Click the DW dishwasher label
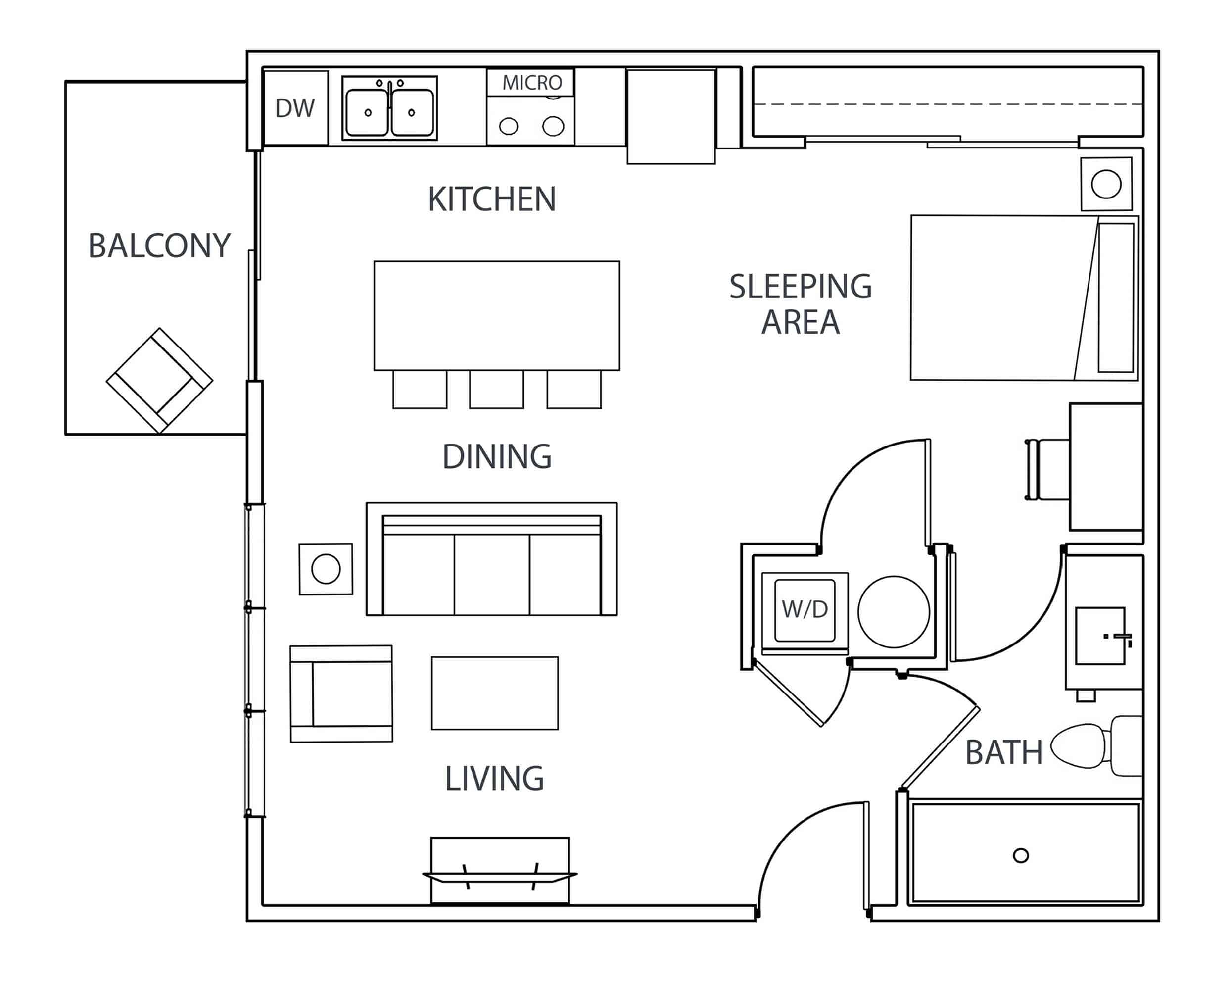[294, 108]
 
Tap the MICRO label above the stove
[531, 83]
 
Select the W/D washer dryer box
[805, 610]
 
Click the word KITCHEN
[492, 199]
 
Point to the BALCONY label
[159, 246]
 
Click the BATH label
[1004, 752]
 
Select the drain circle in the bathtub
[1021, 855]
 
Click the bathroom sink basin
[1100, 636]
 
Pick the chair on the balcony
[159, 380]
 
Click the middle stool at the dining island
[496, 389]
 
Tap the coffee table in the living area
[494, 693]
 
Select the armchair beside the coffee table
[341, 694]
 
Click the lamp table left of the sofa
[326, 569]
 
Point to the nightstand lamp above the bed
[1106, 185]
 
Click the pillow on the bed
[1116, 297]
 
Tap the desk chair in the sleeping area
[1047, 470]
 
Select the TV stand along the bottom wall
[500, 871]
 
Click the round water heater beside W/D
[894, 612]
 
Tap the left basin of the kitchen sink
[367, 112]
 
